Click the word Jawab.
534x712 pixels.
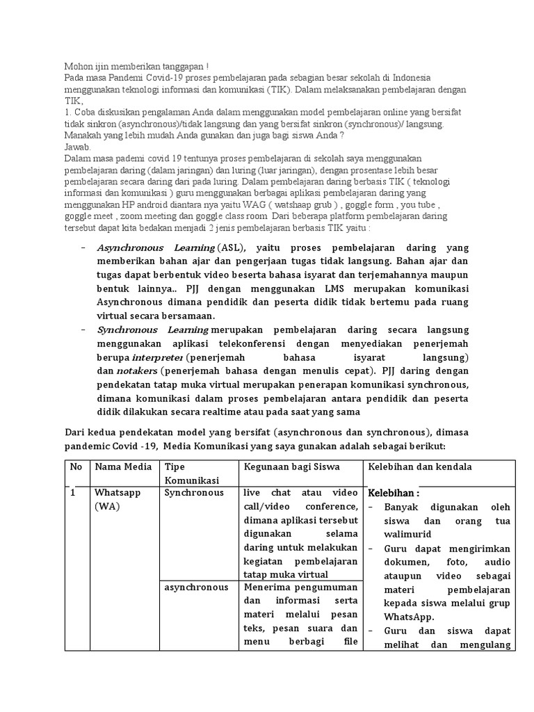click(x=77, y=147)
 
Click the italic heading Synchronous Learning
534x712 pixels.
click(x=152, y=329)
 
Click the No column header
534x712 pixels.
click(x=76, y=467)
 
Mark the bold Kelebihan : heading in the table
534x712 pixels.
click(x=394, y=493)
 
